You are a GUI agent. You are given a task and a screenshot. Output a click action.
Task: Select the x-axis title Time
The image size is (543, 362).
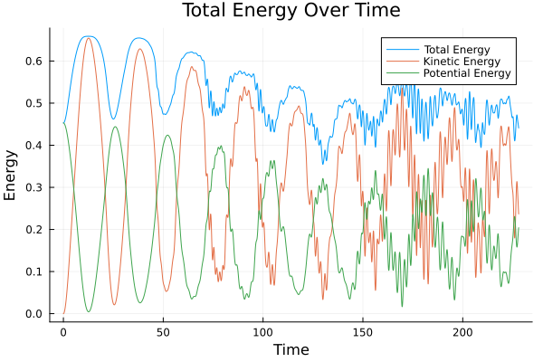tap(291, 349)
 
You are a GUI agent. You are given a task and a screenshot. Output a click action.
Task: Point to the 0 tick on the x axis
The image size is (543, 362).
tap(63, 331)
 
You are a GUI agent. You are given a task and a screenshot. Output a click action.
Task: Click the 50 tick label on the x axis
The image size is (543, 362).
tap(163, 331)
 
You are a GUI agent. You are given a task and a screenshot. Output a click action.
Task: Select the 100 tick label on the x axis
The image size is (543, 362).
tap(262, 331)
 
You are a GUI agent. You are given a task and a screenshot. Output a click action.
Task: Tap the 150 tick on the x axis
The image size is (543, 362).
tap(362, 331)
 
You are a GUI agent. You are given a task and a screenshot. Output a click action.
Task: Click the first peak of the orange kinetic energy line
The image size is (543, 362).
tap(88, 38)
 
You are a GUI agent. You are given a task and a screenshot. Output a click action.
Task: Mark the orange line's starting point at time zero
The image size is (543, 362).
tap(63, 314)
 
